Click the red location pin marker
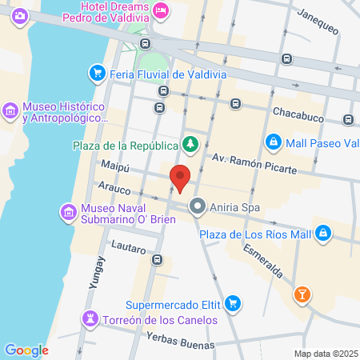tap(181, 178)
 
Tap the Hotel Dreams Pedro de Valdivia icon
tap(161, 9)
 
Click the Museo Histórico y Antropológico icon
tap(11, 109)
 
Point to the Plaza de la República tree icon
tap(190, 145)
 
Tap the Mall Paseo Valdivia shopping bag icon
tap(274, 142)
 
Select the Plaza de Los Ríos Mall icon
tap(323, 234)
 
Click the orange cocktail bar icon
tap(302, 294)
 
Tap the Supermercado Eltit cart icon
tap(232, 303)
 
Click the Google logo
tap(26, 350)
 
